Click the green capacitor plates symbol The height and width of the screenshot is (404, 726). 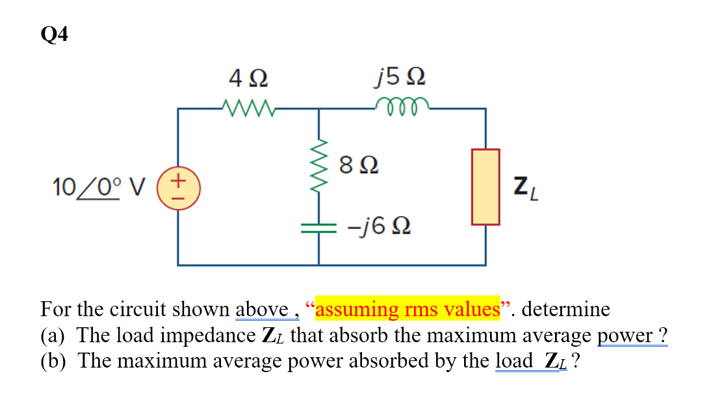318,227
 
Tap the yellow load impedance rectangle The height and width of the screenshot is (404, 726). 485,187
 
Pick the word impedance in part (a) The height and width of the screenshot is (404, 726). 211,335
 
